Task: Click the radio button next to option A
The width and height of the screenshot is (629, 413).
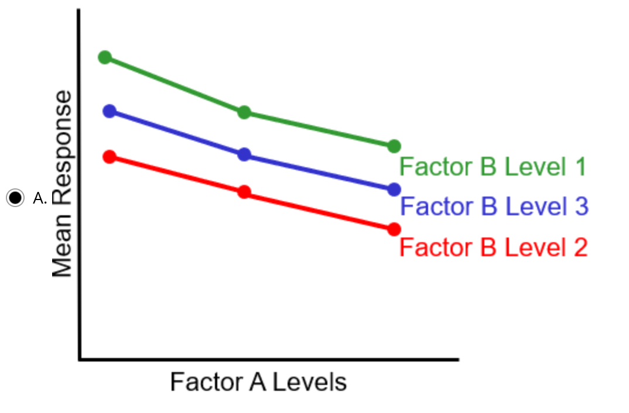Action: pos(15,198)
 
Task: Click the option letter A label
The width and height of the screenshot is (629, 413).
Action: pos(39,198)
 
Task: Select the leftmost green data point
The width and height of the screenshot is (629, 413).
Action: pos(105,57)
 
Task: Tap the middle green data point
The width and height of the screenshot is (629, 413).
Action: pos(244,112)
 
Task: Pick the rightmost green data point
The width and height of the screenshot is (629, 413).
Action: pos(394,146)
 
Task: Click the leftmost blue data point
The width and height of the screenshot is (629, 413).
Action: pos(110,111)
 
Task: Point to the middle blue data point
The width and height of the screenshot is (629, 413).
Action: pos(244,154)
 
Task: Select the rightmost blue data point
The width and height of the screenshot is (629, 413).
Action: pos(394,190)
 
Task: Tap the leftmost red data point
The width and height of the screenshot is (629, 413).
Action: pos(110,156)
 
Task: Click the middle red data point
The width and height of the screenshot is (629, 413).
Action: pos(244,192)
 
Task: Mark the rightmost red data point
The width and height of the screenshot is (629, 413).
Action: pos(394,229)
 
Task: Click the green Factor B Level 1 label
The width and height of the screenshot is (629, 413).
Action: pos(493,167)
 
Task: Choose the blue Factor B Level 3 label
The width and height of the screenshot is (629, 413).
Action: pos(494,206)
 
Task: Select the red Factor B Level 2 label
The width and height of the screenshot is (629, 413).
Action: pos(493,247)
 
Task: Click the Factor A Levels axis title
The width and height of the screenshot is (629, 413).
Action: pos(258,383)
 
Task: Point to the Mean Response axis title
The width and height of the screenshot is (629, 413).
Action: pos(62,184)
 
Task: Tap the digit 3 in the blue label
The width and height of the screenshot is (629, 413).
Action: pos(580,206)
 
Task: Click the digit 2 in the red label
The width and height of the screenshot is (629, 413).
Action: pos(579,247)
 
